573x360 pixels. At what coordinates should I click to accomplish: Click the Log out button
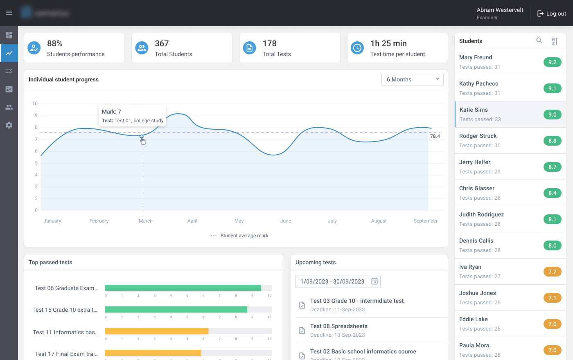(552, 13)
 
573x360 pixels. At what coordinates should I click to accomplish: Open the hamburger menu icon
(9, 13)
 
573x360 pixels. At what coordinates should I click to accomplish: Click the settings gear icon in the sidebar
(9, 125)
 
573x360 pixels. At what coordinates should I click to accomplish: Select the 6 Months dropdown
(412, 79)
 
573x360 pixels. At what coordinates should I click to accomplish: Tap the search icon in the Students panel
(539, 40)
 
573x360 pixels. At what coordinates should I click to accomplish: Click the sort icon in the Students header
(555, 41)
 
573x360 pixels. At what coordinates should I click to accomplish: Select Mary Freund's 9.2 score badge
(552, 62)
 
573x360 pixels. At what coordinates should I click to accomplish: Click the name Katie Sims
(474, 110)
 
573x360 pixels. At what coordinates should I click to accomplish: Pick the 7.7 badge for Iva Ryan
(552, 272)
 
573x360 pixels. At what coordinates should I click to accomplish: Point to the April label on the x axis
(192, 221)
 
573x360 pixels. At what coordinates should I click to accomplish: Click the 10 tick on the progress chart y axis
(35, 103)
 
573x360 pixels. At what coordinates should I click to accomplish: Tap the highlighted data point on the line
(142, 136)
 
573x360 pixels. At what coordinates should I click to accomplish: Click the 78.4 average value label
(435, 136)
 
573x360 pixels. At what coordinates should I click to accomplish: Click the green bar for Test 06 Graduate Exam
(183, 288)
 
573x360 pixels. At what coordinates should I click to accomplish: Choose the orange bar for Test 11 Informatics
(156, 331)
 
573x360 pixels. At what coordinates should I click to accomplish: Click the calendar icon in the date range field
(374, 281)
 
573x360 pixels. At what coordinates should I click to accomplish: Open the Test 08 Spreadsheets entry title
(338, 326)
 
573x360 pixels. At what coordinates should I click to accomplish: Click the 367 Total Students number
(162, 43)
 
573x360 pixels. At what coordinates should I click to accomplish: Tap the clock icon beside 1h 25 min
(357, 48)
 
